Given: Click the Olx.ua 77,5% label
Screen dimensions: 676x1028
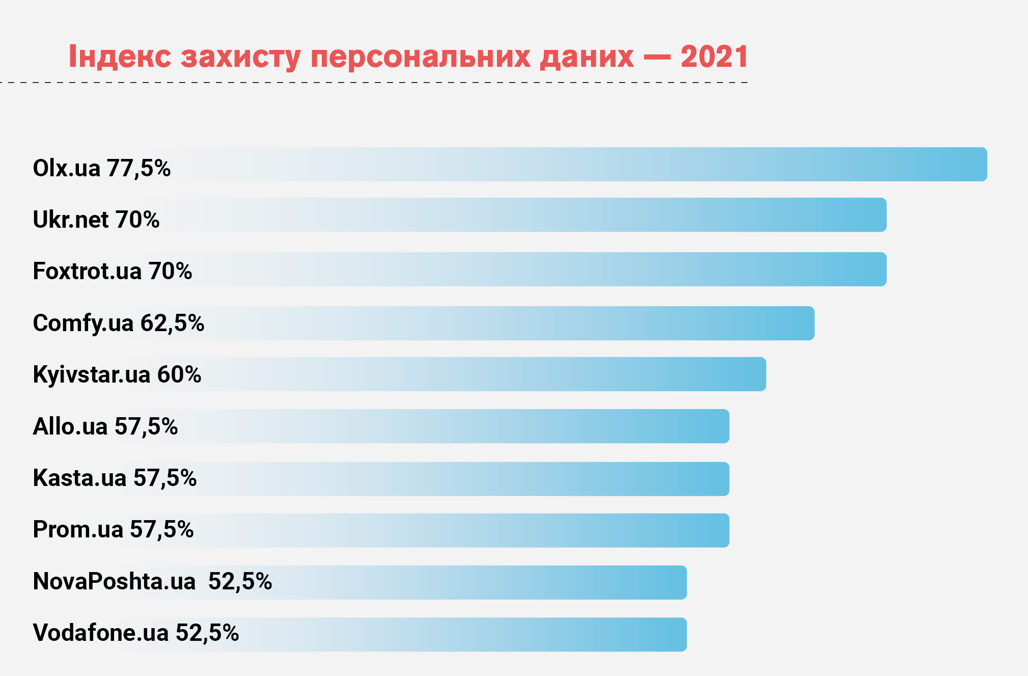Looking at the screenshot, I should coord(102,168).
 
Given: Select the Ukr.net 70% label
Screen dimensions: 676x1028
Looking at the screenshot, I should coord(96,220).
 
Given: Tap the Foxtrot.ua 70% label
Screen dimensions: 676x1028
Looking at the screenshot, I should coord(113,271).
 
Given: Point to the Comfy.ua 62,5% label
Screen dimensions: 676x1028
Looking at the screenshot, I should coord(119,323).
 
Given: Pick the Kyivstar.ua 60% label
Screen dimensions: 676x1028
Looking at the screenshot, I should coord(117,374).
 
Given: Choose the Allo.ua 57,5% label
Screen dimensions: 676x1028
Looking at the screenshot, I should coord(105,426).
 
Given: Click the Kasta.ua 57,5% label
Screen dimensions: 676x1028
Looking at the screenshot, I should coord(115,478).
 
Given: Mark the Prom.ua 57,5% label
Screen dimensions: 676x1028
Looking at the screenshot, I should coord(113,529).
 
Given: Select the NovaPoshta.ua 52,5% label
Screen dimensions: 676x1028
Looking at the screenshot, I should coord(152,581).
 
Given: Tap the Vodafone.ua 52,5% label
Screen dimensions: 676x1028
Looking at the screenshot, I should coord(136,633).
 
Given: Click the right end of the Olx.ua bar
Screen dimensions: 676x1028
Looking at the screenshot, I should coord(983,165).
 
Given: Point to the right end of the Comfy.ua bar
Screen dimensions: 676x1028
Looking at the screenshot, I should coord(810,323).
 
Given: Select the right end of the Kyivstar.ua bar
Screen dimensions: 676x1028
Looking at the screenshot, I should coord(762,374).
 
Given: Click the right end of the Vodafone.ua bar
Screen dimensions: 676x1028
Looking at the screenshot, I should coord(682,634).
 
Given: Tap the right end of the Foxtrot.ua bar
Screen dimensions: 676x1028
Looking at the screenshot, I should coord(882,269).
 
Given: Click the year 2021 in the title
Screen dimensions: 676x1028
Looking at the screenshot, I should coord(714,56).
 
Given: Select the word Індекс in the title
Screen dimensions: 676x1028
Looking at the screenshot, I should coord(120,56).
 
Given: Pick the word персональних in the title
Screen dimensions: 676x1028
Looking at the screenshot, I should coord(421,56).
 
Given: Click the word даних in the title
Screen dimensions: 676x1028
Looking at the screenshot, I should coord(587,57).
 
